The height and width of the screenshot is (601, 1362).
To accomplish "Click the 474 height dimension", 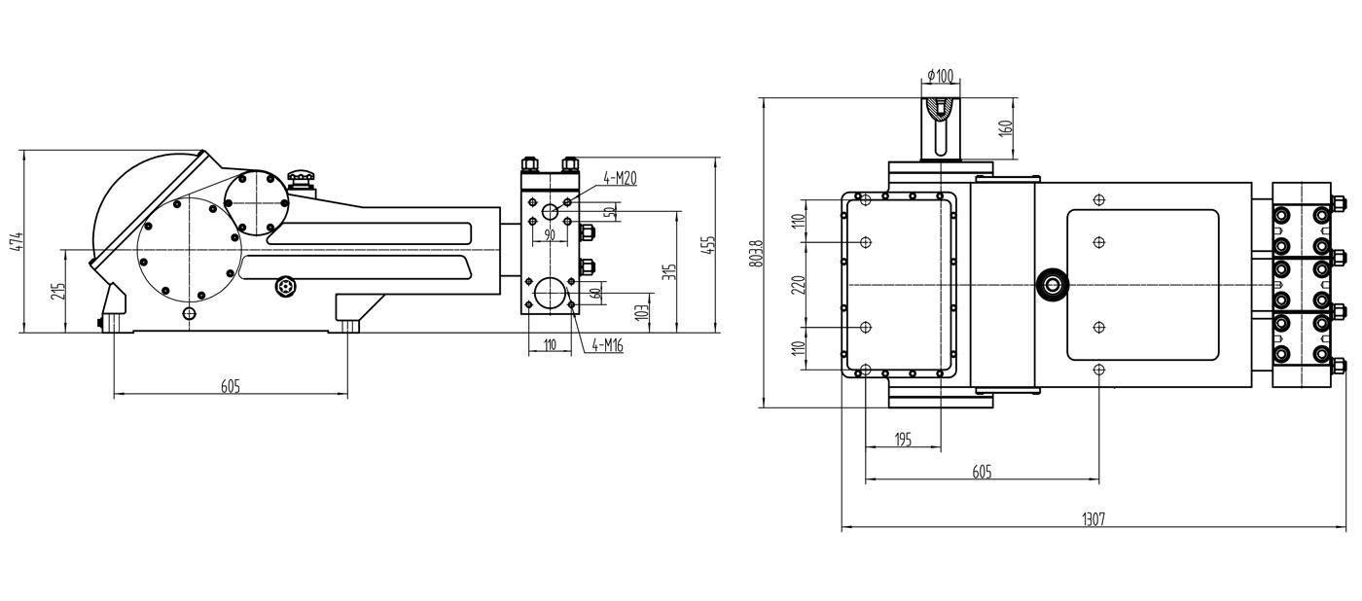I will coord(14,240).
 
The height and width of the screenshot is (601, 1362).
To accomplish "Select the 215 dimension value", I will coord(57,291).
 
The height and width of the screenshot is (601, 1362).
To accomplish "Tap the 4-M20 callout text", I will coord(620,178).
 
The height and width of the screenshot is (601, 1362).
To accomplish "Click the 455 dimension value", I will coord(710,244).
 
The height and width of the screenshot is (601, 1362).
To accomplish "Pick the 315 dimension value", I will coord(668,271).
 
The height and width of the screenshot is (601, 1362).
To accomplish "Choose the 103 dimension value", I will coord(641,312).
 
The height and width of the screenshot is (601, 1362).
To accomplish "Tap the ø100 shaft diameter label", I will coord(941,76).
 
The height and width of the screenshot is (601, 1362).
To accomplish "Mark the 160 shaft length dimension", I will coord(1006,127).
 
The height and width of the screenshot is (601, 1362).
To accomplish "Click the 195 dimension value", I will coord(902,440).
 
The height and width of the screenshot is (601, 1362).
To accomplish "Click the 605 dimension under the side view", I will coord(230,386).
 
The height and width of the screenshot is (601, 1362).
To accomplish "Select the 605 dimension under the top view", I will coord(982,472).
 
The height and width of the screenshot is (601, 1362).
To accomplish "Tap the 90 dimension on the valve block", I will coord(549,235).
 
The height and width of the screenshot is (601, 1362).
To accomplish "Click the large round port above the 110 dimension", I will coord(552,294).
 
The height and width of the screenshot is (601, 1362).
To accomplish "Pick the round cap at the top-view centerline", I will coord(1053,284).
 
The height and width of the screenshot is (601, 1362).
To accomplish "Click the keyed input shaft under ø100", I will coord(941,127).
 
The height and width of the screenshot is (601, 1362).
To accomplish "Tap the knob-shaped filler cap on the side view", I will coord(302,180).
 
